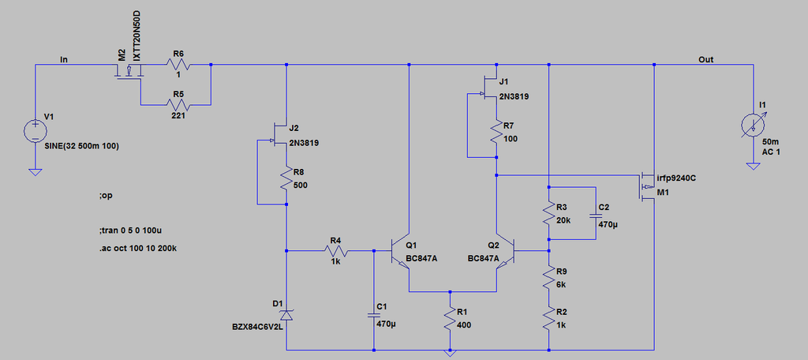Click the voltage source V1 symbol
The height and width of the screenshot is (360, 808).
click(x=35, y=131)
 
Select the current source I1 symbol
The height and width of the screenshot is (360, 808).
click(x=753, y=126)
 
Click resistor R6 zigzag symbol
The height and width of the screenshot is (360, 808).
click(x=178, y=65)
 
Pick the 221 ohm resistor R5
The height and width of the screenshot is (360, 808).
click(x=178, y=105)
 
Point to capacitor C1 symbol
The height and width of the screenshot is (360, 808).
click(x=372, y=315)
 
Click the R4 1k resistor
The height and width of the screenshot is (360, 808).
click(x=336, y=251)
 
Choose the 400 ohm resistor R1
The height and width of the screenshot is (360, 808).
click(x=451, y=319)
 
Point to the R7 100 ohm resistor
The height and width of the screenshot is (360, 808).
click(x=496, y=133)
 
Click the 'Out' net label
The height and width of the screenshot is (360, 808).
click(x=705, y=59)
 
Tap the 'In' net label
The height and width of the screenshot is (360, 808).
click(x=64, y=59)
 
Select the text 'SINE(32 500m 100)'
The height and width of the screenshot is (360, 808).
click(x=82, y=147)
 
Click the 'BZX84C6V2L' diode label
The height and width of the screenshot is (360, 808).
click(x=258, y=326)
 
